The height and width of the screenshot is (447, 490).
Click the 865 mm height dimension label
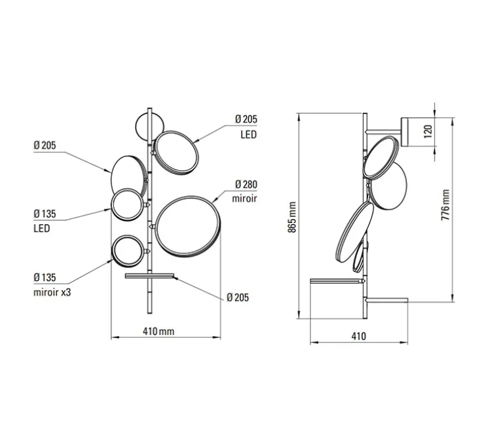[292, 217]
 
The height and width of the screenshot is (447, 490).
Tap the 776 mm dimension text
[445, 205]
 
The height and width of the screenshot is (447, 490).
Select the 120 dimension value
[429, 131]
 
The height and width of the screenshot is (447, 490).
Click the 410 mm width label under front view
[159, 331]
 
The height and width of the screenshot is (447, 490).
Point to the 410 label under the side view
[358, 336]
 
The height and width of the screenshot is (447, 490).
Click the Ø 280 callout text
[246, 185]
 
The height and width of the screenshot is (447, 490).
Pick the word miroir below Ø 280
[244, 198]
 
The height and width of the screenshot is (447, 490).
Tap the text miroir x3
[52, 292]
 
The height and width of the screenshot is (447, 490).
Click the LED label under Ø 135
[42, 228]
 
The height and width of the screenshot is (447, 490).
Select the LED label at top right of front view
[248, 134]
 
